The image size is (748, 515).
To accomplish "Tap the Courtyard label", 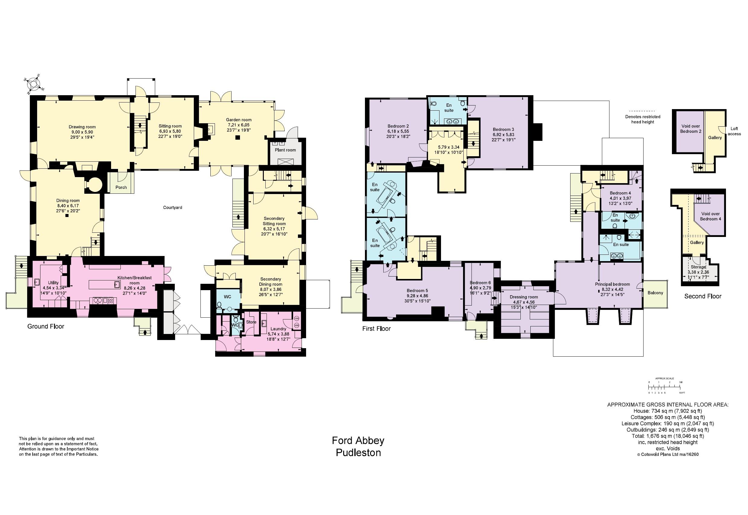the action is pyautogui.click(x=172, y=208).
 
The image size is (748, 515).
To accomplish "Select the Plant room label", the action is pyautogui.click(x=285, y=150).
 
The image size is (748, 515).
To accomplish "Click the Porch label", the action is pyautogui.click(x=121, y=187).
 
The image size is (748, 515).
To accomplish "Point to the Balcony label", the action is pyautogui.click(x=655, y=293).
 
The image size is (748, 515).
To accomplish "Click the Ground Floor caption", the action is pyautogui.click(x=46, y=326).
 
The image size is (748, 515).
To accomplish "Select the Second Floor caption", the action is pyautogui.click(x=703, y=296).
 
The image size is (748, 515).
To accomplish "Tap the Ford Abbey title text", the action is pyautogui.click(x=358, y=440).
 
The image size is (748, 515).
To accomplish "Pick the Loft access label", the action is pyautogui.click(x=734, y=131).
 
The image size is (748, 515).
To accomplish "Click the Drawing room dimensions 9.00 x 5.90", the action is pyautogui.click(x=82, y=132).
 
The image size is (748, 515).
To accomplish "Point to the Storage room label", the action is pyautogui.click(x=698, y=267).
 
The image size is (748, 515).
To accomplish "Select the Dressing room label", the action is pyautogui.click(x=524, y=297).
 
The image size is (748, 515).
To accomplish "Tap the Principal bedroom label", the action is pyautogui.click(x=612, y=284).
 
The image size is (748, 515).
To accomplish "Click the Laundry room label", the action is pyautogui.click(x=278, y=329).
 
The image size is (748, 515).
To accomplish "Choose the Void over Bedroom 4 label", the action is pyautogui.click(x=710, y=216).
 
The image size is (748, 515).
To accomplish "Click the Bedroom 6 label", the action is pyautogui.click(x=480, y=283).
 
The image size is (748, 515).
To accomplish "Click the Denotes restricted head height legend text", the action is pyautogui.click(x=643, y=119).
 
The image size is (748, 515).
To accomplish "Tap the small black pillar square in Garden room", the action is pyautogui.click(x=238, y=138).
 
